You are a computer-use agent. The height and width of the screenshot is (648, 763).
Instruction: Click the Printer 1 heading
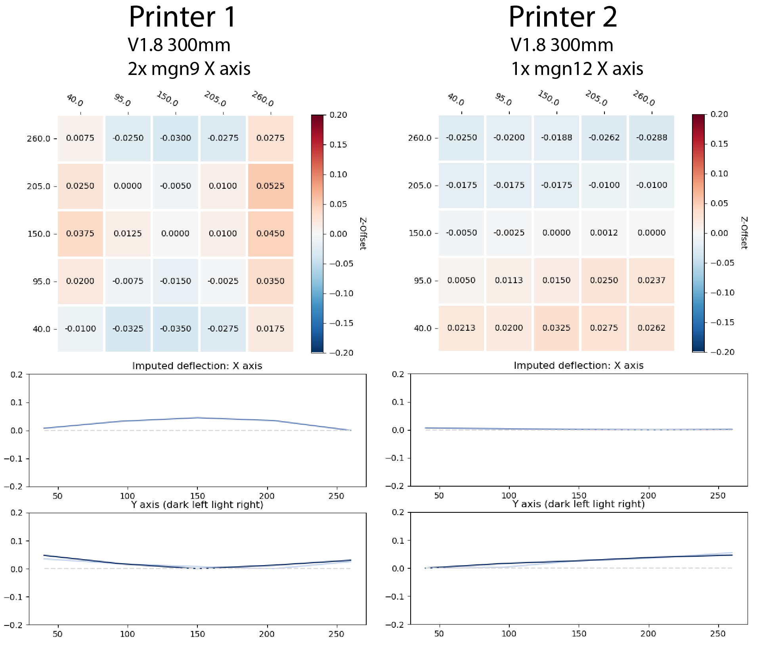click(182, 17)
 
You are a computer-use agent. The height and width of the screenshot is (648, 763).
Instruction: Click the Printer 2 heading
click(562, 17)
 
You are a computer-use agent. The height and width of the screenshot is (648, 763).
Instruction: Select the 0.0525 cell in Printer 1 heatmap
click(270, 186)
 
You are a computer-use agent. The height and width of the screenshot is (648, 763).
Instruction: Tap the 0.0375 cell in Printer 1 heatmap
click(80, 234)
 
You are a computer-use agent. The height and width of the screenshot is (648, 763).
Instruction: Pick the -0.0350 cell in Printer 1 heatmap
click(175, 329)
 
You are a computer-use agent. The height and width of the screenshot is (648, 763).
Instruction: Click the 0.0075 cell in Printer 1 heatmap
click(80, 138)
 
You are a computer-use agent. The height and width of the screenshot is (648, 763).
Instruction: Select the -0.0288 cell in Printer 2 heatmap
click(651, 138)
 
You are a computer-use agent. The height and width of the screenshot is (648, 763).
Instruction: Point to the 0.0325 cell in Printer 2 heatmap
click(556, 328)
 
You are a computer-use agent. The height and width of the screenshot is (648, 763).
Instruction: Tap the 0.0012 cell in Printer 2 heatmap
click(604, 233)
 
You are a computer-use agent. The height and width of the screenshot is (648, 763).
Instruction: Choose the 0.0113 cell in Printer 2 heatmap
click(509, 280)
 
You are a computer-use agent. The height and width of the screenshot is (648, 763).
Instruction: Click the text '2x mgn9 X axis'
click(189, 69)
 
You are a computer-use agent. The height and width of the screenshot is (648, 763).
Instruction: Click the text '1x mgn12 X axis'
click(577, 69)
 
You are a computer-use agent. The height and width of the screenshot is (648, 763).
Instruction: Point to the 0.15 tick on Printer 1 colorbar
click(338, 145)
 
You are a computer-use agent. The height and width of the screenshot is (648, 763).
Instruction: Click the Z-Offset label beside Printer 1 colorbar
click(363, 234)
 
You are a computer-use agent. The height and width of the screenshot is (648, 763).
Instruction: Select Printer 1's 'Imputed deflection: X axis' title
click(197, 366)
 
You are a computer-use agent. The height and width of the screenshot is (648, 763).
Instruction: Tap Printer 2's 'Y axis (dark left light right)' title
click(578, 504)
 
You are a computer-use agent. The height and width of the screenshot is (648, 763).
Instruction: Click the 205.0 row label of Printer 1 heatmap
click(38, 186)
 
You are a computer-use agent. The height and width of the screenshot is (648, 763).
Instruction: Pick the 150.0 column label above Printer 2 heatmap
click(549, 98)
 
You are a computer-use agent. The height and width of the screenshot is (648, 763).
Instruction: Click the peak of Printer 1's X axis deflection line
click(197, 418)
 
